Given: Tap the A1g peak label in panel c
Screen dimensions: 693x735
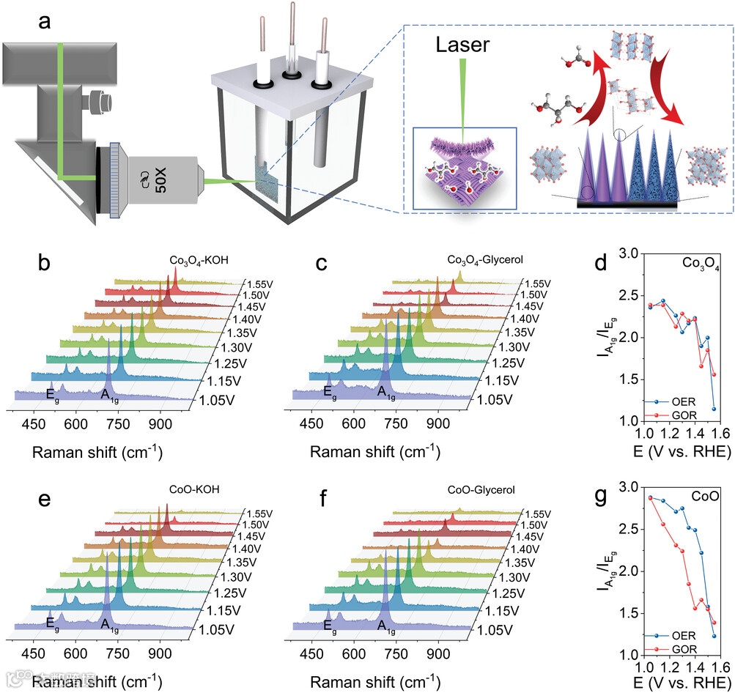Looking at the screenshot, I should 386,393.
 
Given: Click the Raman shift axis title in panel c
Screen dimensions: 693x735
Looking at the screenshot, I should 374,453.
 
